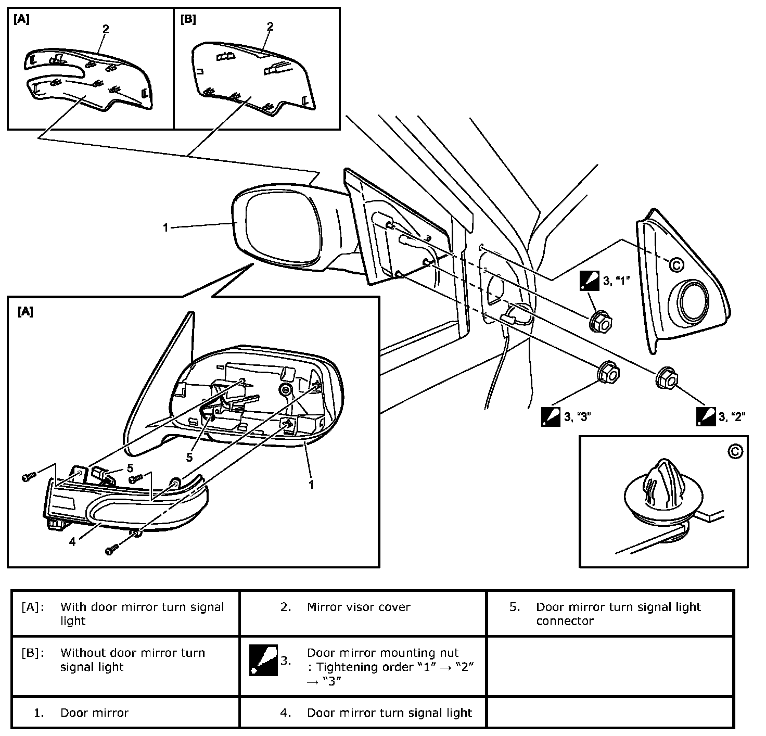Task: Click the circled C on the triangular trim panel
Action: point(676,265)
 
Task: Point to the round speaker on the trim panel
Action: point(693,301)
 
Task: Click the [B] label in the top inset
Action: point(188,20)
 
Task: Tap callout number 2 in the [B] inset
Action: point(270,27)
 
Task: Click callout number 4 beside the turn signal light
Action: point(72,541)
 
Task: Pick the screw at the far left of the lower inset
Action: point(28,477)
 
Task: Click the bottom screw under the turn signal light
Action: point(112,550)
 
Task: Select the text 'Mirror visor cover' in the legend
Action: point(359,607)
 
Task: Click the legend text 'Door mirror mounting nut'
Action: point(382,653)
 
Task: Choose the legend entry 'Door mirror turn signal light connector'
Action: point(618,614)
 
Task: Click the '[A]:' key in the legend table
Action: point(33,607)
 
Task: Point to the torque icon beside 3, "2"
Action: point(706,416)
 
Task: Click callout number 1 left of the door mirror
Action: point(165,227)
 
